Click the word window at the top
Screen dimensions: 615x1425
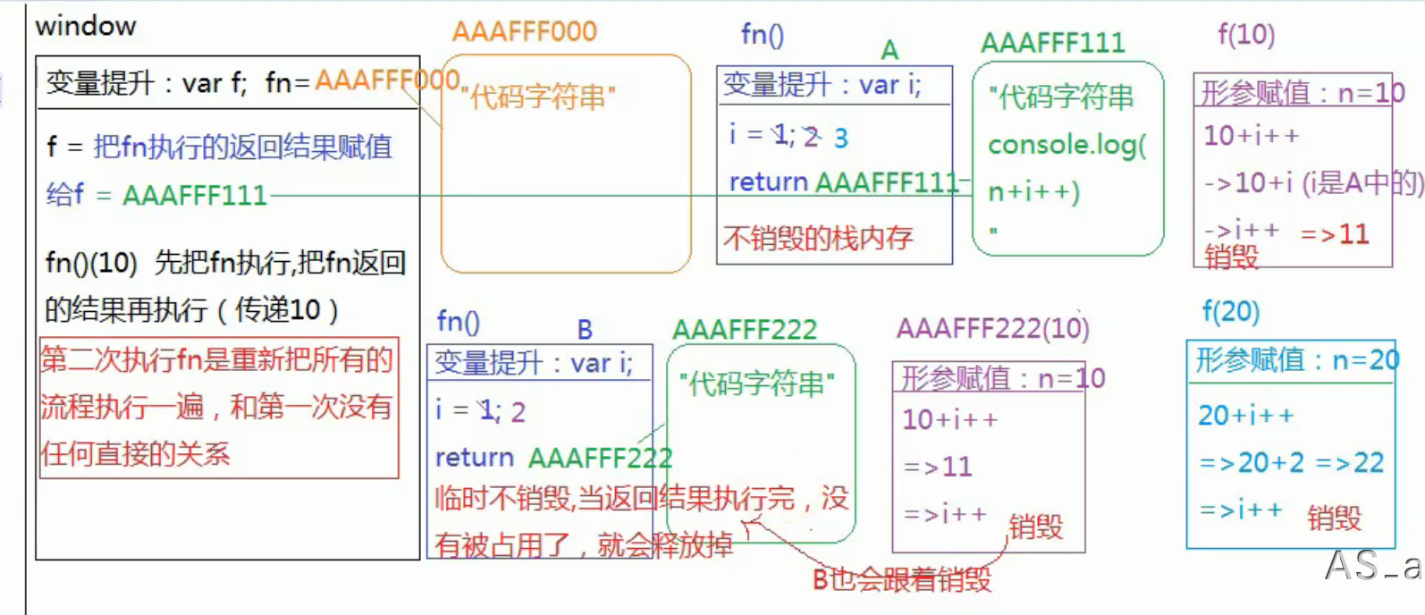point(86,26)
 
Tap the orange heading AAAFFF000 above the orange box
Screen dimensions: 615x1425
point(524,32)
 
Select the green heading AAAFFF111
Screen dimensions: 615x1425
point(1052,44)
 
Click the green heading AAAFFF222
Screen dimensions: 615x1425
point(745,331)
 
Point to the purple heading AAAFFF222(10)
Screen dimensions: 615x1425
point(992,329)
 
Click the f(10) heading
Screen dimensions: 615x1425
point(1246,35)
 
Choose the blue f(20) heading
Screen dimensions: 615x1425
point(1231,312)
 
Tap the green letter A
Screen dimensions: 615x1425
point(889,50)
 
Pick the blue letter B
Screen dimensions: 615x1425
point(585,330)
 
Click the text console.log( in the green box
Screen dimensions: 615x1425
point(1067,145)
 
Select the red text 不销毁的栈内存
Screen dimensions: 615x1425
point(818,238)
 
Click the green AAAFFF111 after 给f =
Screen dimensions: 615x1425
point(195,195)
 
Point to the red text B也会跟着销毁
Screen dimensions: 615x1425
point(901,580)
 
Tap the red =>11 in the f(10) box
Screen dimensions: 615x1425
point(1335,234)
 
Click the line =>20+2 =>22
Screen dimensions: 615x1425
point(1291,462)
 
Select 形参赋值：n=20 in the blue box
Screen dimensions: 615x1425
point(1297,360)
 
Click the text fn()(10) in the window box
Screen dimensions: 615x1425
point(91,263)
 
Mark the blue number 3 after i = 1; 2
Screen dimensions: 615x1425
point(840,138)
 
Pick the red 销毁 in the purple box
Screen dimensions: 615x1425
point(1035,527)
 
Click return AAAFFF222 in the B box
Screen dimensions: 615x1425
point(553,458)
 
